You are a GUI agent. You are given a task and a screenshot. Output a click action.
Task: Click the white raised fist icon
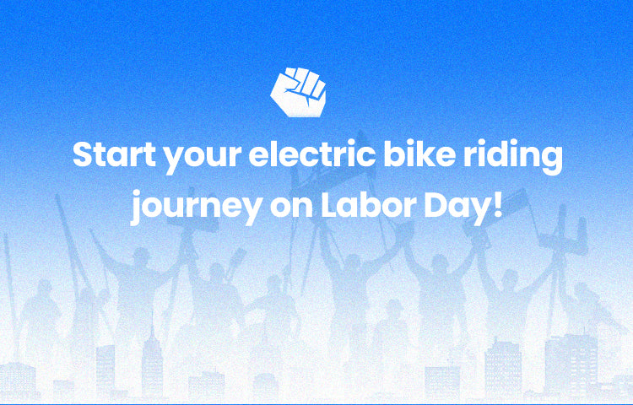[298, 92]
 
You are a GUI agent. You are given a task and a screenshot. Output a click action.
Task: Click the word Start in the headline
[114, 154]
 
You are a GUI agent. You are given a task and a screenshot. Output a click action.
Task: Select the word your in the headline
[203, 159]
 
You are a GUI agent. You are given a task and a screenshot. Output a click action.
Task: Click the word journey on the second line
[196, 208]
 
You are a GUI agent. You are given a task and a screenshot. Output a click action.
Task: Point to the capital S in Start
[83, 154]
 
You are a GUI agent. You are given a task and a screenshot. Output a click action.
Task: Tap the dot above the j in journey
[140, 193]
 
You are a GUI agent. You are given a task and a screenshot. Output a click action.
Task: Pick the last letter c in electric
[366, 157]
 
